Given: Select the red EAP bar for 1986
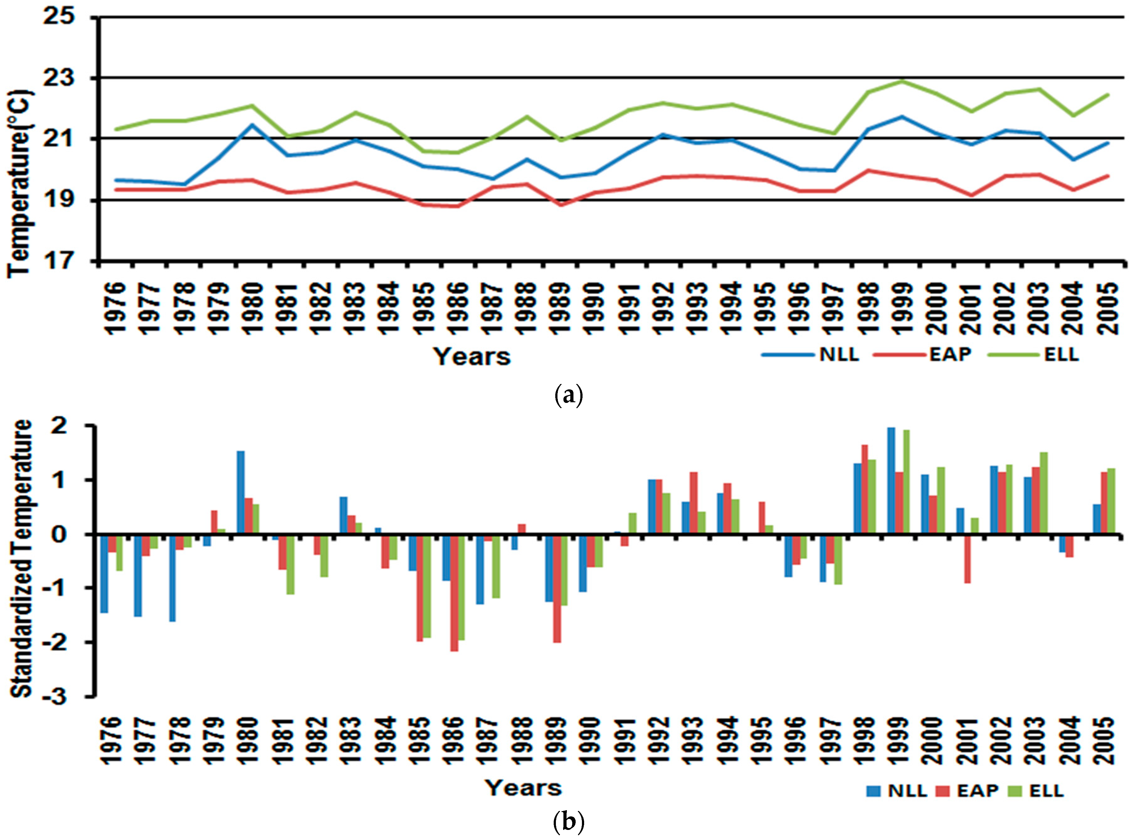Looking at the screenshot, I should (x=454, y=592).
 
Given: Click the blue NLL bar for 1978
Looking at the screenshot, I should (x=173, y=578).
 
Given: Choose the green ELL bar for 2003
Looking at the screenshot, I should (x=1044, y=493).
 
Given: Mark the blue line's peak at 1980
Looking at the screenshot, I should (x=251, y=124).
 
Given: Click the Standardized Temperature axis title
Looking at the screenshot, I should (x=21, y=559).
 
